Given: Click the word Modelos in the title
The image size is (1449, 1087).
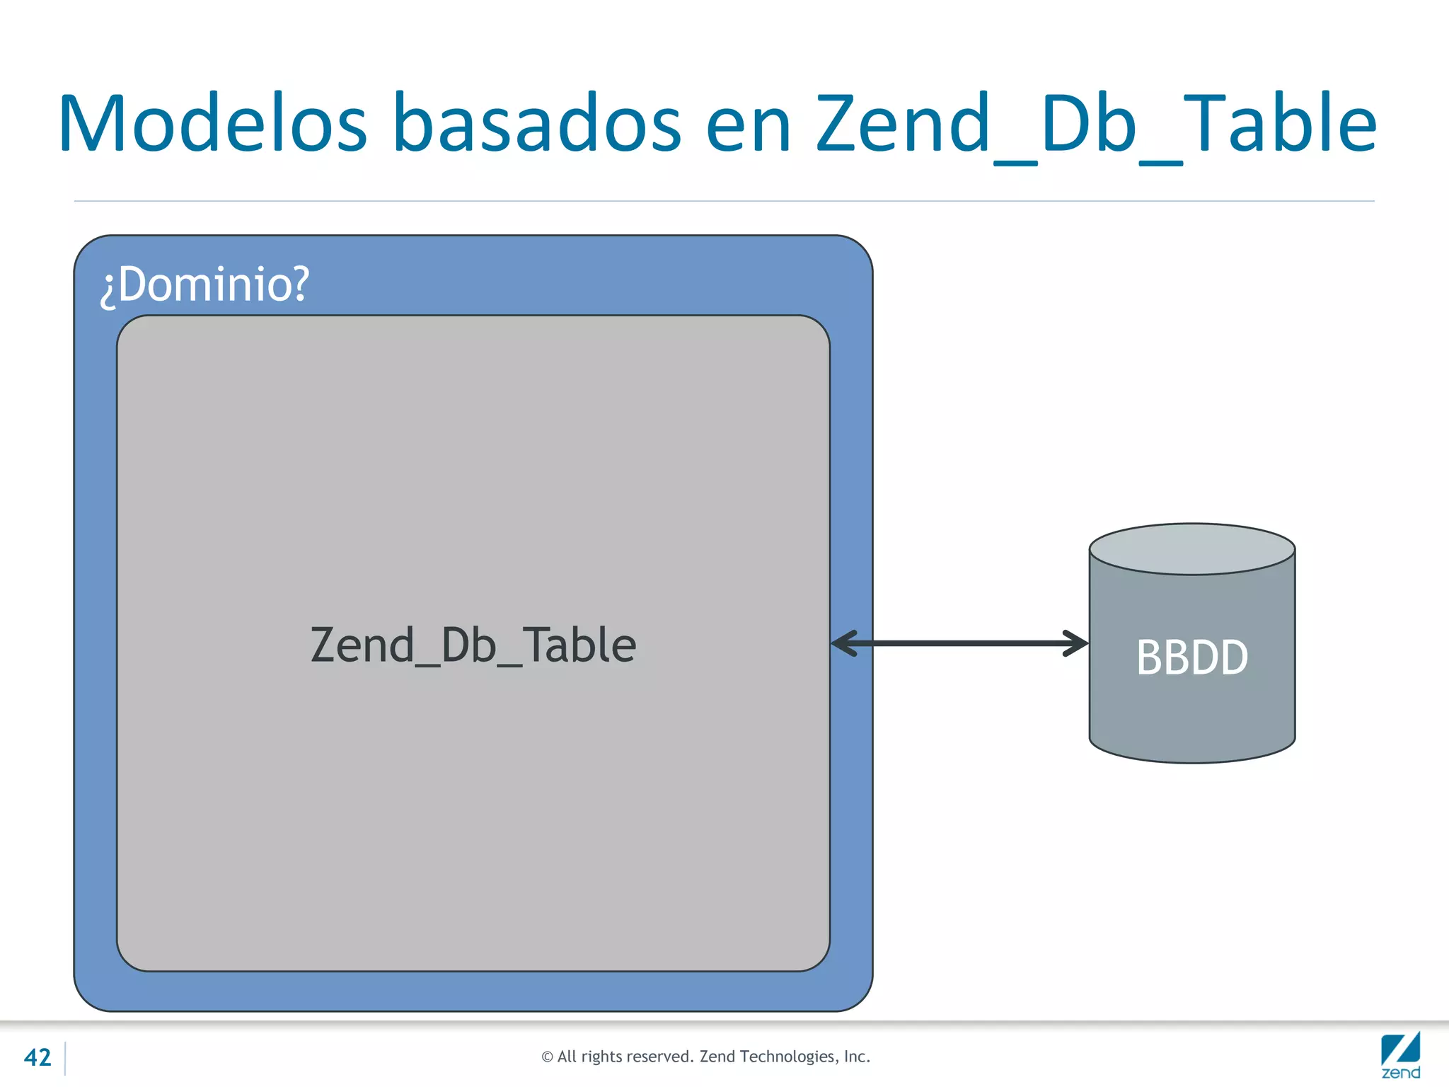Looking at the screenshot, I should [x=212, y=124].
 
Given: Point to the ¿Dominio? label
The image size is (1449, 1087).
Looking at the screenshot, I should [x=204, y=284].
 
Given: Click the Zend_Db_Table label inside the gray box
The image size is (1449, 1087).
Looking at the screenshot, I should [x=473, y=645].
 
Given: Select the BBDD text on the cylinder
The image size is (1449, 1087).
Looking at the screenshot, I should [x=1192, y=657].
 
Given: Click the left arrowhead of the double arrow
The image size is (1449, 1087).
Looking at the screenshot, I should [x=843, y=643].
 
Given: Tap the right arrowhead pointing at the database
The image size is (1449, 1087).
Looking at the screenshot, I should [x=1077, y=643].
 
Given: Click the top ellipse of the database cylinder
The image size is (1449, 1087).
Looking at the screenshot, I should [x=1192, y=549].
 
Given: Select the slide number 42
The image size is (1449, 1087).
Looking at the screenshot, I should [x=37, y=1057].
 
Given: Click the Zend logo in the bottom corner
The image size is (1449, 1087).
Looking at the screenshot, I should [x=1400, y=1055].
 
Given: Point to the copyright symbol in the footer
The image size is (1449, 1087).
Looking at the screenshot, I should [x=547, y=1057].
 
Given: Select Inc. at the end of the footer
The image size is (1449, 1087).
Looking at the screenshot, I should [x=857, y=1057].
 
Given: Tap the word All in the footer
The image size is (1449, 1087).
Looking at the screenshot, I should [x=567, y=1057].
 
